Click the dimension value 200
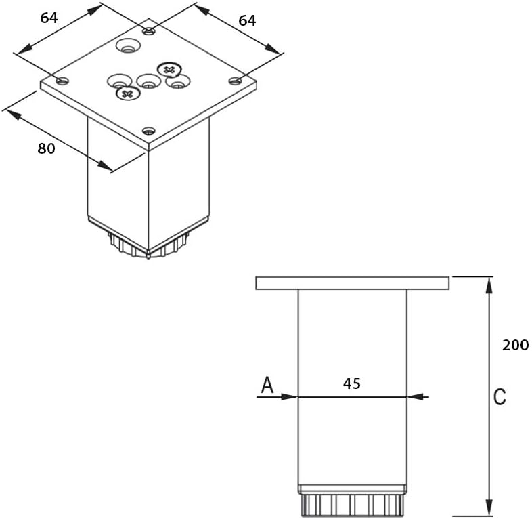click(515, 345)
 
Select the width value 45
click(351, 383)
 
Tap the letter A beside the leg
click(267, 386)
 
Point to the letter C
click(500, 397)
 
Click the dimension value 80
click(46, 148)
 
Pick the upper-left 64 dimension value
click(49, 18)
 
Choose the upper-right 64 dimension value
click(247, 20)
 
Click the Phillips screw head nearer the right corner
click(169, 69)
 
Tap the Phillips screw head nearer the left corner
click(126, 94)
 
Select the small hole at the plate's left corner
click(62, 81)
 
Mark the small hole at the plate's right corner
click(235, 81)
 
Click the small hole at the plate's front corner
click(149, 131)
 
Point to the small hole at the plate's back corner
click(149, 30)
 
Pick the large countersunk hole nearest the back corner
click(127, 47)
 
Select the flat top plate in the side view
click(352, 283)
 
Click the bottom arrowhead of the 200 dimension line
click(489, 510)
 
